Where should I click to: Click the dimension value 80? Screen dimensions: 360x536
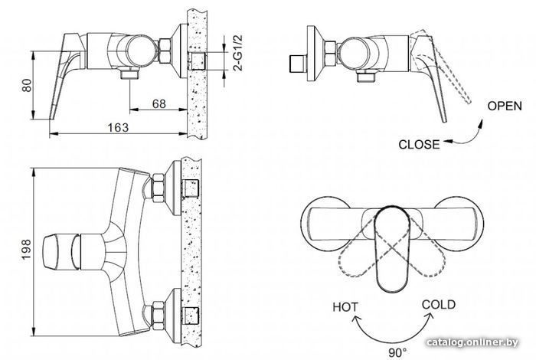pos(25,86)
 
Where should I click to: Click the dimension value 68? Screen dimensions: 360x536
pos(159,101)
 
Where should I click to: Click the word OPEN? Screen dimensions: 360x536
pos(505,106)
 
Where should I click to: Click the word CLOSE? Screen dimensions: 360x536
pos(420,143)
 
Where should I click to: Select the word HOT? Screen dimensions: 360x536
pos(345,307)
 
